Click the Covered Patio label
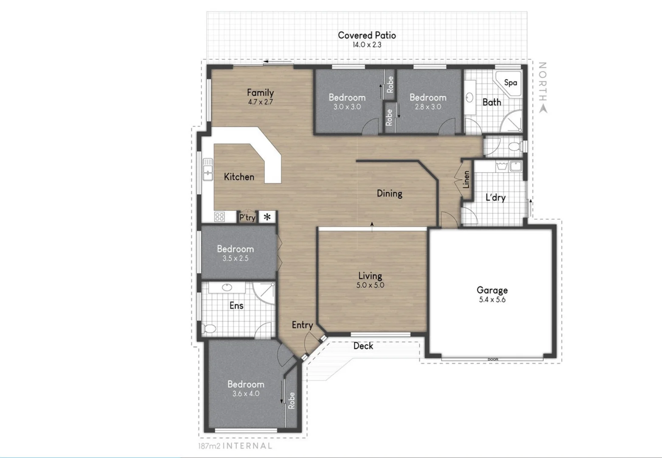click(x=367, y=35)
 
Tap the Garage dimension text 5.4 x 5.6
click(x=492, y=300)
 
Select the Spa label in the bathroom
click(x=511, y=82)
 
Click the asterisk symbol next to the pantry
click(x=267, y=217)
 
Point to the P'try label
click(x=247, y=218)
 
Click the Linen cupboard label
click(x=466, y=180)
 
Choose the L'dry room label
click(x=495, y=197)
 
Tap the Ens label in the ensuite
click(x=236, y=305)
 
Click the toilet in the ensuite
click(x=209, y=328)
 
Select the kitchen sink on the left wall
click(x=208, y=170)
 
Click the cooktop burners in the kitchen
click(x=219, y=217)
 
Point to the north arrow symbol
click(x=543, y=109)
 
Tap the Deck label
click(x=363, y=346)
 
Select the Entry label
click(x=302, y=325)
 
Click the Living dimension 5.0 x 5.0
click(x=370, y=285)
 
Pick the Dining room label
click(x=389, y=193)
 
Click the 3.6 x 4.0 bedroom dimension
click(x=246, y=394)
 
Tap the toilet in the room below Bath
click(x=514, y=147)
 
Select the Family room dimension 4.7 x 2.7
click(x=260, y=102)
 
